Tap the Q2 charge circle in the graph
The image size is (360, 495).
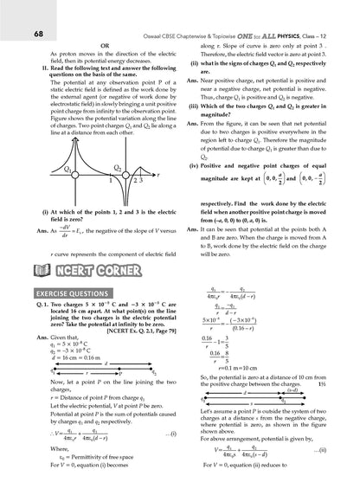pyautogui.click(x=118, y=174)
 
